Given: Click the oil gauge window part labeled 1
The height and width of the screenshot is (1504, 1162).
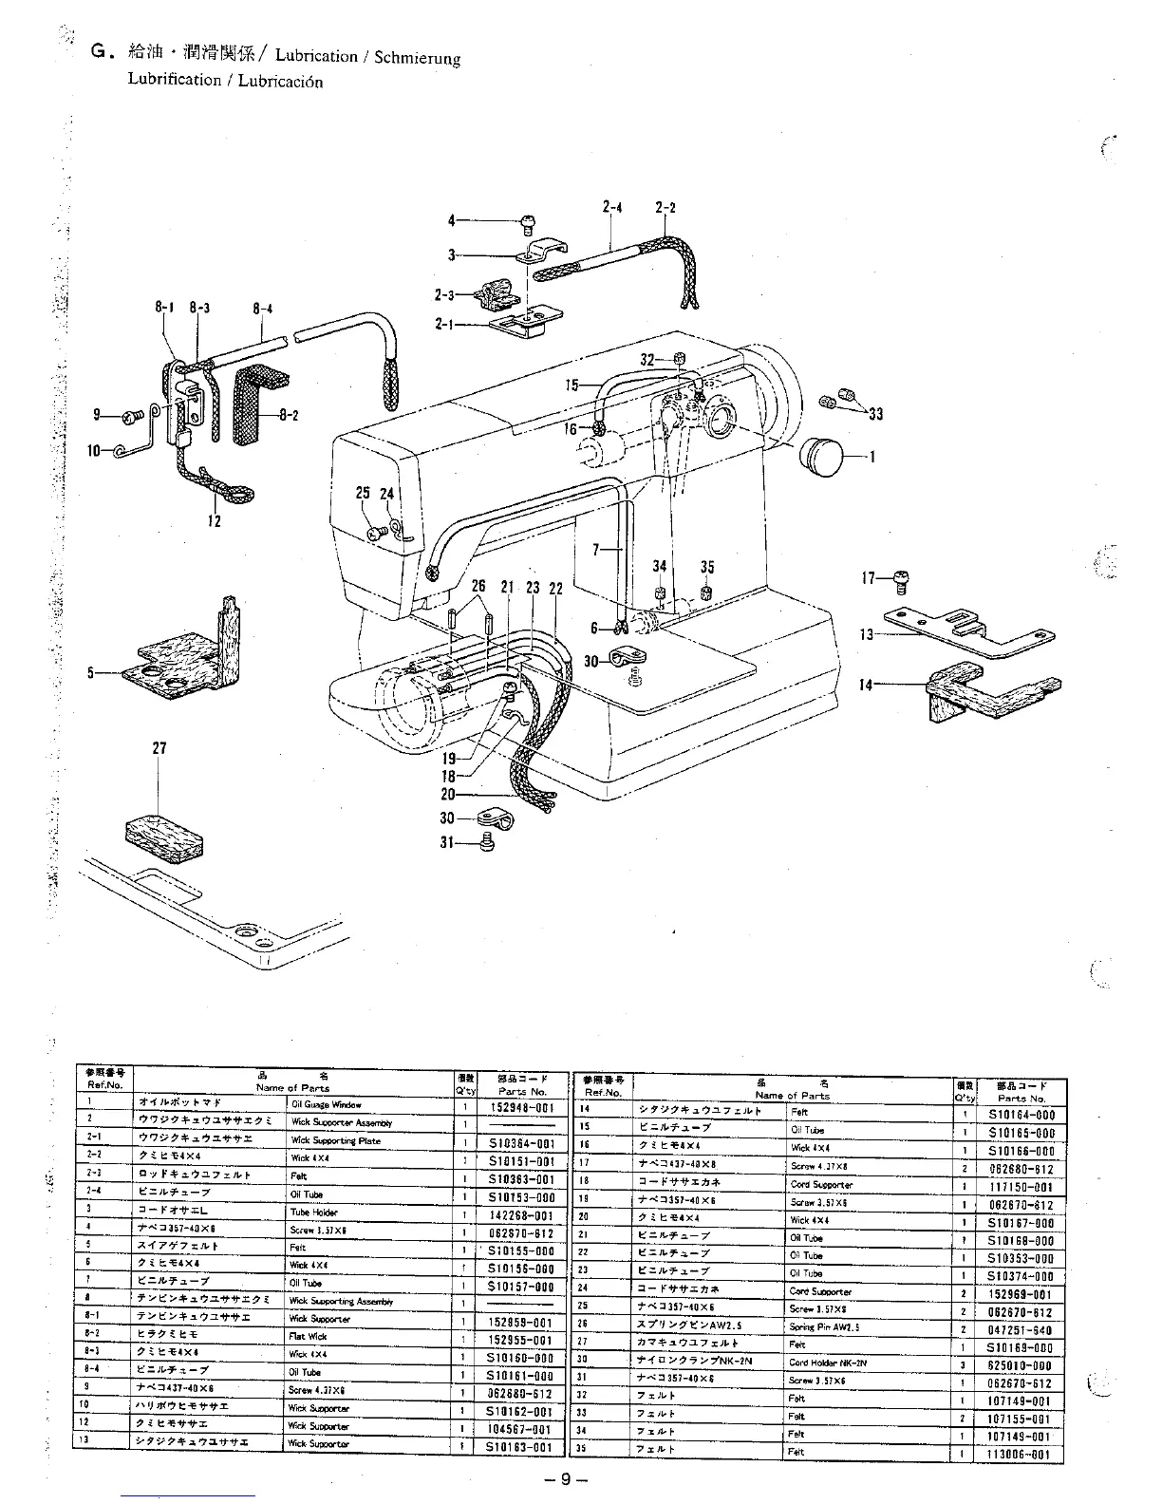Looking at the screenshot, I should click(822, 457).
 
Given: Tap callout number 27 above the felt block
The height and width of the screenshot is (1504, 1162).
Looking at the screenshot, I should click(159, 748).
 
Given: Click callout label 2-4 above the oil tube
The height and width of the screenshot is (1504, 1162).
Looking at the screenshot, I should click(611, 207).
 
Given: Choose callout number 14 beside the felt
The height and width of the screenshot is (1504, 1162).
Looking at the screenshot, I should click(866, 684).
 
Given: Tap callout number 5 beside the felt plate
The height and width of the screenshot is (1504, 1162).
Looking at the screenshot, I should click(91, 672).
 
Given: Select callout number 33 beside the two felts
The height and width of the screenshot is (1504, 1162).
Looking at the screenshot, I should click(874, 414).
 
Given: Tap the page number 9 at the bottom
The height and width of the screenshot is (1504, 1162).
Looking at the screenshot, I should click(564, 1479).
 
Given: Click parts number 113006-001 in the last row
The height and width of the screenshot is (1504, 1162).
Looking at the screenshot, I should click(1021, 1454).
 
